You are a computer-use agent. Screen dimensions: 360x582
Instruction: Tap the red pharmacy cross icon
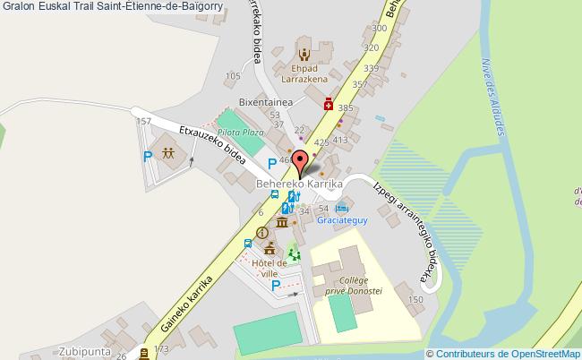328,104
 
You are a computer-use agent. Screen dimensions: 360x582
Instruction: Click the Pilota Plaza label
240,132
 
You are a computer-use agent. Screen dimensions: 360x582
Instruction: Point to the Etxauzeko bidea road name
213,144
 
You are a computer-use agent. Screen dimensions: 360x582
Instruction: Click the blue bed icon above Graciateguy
340,208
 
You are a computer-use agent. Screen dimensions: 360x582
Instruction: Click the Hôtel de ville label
270,268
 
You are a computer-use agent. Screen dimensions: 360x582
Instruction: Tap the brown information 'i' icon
262,232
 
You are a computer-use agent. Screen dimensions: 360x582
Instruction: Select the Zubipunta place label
87,350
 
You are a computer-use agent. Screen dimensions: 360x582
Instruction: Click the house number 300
380,29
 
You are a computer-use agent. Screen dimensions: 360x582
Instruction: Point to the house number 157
141,120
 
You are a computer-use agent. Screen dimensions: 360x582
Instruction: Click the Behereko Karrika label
300,184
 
